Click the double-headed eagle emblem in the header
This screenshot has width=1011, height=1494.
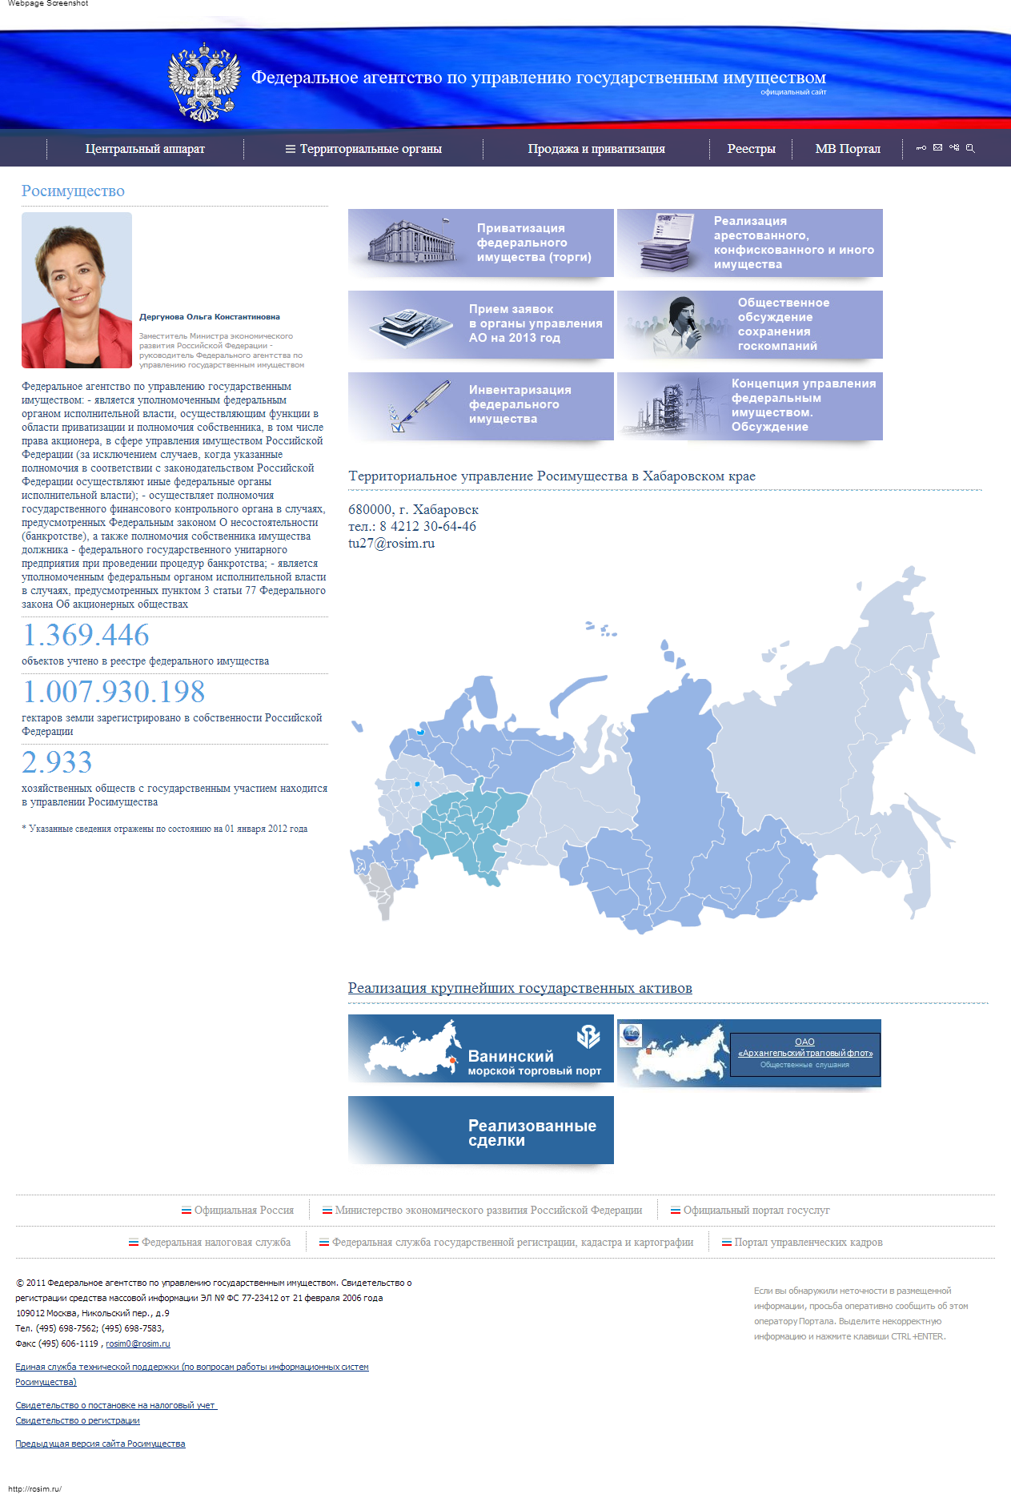click(x=204, y=82)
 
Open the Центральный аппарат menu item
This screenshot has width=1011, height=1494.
click(x=145, y=149)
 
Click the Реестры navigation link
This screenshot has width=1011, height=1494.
click(x=751, y=149)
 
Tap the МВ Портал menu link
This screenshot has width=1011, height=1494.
click(x=847, y=149)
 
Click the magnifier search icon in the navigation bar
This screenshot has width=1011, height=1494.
click(x=970, y=148)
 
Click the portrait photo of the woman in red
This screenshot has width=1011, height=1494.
click(x=77, y=290)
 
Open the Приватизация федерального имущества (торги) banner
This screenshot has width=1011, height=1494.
click(x=480, y=243)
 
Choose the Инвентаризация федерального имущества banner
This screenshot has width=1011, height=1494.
click(x=480, y=406)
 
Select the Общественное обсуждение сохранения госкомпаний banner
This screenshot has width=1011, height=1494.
click(x=749, y=324)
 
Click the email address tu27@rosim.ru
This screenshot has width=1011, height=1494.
click(x=391, y=544)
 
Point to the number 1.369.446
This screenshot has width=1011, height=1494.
click(x=86, y=636)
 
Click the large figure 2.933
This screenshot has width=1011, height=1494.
click(x=57, y=763)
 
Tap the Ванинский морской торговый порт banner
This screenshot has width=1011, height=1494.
click(x=480, y=1049)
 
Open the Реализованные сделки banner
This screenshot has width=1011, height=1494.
click(x=480, y=1131)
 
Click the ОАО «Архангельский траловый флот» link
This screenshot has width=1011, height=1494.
click(x=804, y=1048)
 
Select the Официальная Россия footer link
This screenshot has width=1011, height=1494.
click(x=243, y=1211)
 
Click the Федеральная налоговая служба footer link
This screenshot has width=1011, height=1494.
click(x=215, y=1243)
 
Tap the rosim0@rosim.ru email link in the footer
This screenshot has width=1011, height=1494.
click(x=138, y=1344)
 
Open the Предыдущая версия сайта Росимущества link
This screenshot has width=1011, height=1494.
click(x=100, y=1444)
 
